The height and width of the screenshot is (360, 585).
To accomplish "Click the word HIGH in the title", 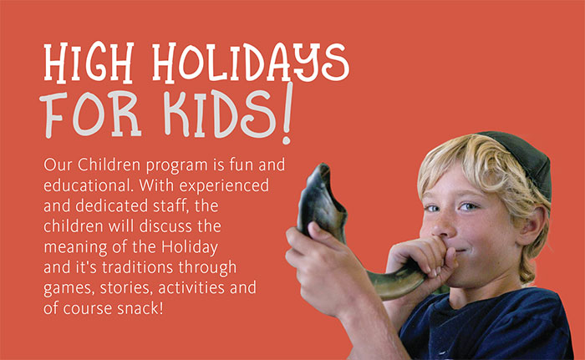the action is (x=89, y=63).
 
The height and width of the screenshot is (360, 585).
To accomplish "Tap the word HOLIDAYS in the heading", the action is (x=251, y=63).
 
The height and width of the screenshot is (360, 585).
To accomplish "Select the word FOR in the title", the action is (x=90, y=115).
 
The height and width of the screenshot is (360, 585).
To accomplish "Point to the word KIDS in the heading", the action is (x=220, y=113).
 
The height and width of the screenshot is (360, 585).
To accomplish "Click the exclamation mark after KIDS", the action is (x=287, y=114).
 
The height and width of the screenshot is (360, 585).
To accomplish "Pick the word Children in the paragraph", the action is (x=109, y=165).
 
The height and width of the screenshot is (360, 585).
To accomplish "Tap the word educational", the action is (x=89, y=185).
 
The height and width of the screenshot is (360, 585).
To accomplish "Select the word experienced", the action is (x=224, y=186).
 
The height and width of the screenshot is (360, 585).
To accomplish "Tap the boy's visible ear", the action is (x=533, y=225).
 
